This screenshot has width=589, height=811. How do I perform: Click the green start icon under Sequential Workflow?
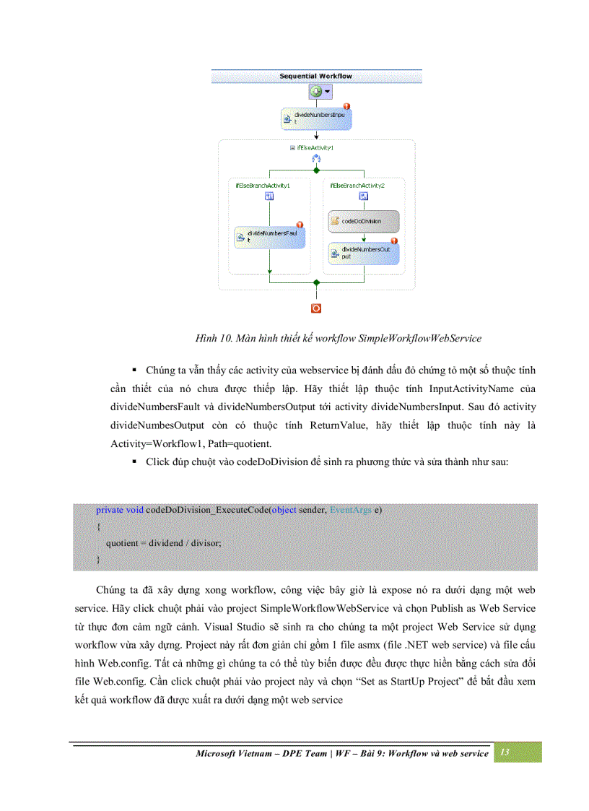click(316, 92)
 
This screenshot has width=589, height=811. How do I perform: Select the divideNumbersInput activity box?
click(316, 118)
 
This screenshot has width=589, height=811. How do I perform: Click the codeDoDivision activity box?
click(364, 221)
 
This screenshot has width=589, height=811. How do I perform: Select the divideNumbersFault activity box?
click(269, 237)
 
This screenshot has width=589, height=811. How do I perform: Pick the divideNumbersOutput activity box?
click(364, 253)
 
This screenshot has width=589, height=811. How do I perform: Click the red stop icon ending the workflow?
click(315, 308)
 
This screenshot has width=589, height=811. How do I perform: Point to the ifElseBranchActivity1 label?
click(263, 186)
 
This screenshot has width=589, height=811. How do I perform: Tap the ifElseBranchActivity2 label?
click(357, 186)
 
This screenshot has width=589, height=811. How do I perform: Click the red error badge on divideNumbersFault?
click(300, 225)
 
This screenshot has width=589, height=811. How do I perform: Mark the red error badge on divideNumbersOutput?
click(394, 241)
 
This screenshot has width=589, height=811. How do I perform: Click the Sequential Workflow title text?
click(315, 76)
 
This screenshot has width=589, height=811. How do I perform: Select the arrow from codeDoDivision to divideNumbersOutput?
click(364, 238)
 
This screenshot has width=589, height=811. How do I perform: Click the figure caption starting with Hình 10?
click(339, 338)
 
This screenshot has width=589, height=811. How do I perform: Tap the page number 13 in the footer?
click(505, 753)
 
